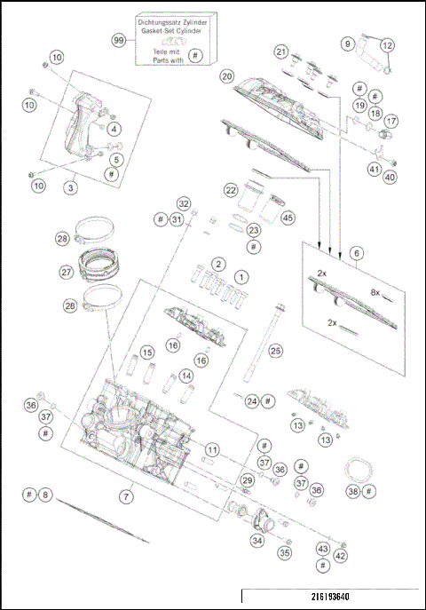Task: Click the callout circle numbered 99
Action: tap(119, 41)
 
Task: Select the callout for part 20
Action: tap(227, 77)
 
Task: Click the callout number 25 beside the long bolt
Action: tap(275, 351)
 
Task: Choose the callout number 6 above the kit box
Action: tap(356, 253)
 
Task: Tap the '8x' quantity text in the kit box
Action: tap(375, 291)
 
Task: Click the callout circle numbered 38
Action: tap(353, 491)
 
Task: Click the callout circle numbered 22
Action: tap(231, 190)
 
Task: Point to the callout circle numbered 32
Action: tap(183, 203)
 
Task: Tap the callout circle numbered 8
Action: tap(46, 494)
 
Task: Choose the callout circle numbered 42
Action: tap(341, 556)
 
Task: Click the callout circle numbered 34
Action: tap(257, 539)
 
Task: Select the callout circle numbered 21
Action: tap(281, 51)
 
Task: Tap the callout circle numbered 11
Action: tap(211, 450)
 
